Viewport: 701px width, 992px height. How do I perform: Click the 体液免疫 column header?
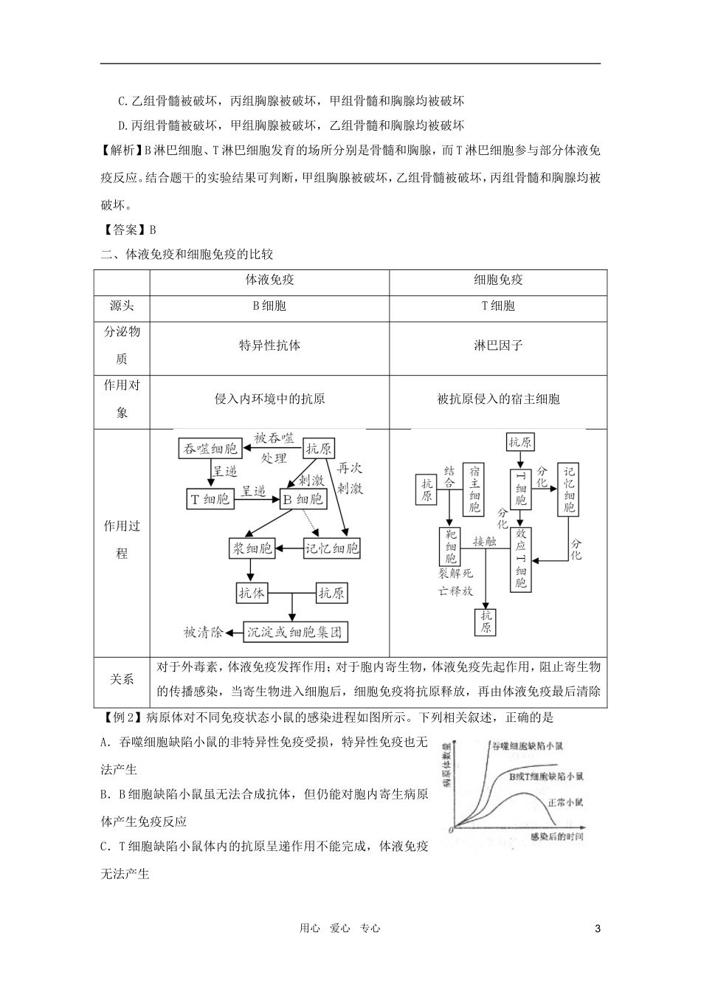269,280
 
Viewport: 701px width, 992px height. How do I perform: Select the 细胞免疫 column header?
498,280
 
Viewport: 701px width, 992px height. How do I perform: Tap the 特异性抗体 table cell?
269,345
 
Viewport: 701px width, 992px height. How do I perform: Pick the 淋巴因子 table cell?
498,345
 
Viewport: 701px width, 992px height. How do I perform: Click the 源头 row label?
122,306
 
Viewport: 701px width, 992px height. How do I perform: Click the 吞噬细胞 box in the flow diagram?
210,449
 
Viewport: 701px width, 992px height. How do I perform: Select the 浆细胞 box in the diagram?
252,548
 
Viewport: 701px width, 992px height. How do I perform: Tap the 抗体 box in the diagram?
252,592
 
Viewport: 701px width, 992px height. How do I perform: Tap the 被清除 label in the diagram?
201,632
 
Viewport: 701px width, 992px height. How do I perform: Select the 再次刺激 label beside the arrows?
350,478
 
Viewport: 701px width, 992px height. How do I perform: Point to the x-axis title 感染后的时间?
557,836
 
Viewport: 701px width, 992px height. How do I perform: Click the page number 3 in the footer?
598,929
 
